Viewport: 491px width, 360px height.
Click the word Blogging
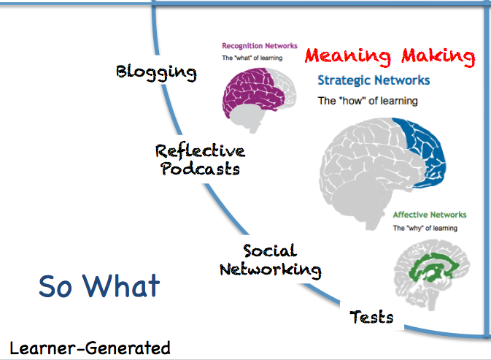(156, 72)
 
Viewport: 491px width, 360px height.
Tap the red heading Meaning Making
(389, 56)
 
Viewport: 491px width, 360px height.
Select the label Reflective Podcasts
(200, 159)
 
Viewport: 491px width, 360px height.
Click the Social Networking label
(271, 261)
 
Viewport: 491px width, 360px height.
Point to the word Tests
(371, 317)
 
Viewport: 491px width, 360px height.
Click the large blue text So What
(98, 286)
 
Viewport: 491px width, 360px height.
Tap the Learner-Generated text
(90, 348)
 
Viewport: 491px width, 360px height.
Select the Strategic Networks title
(374, 80)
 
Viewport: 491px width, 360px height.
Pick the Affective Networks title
(429, 215)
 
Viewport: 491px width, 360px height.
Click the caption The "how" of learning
(368, 101)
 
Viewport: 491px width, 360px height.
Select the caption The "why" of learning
(425, 228)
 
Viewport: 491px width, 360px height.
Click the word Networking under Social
(271, 269)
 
